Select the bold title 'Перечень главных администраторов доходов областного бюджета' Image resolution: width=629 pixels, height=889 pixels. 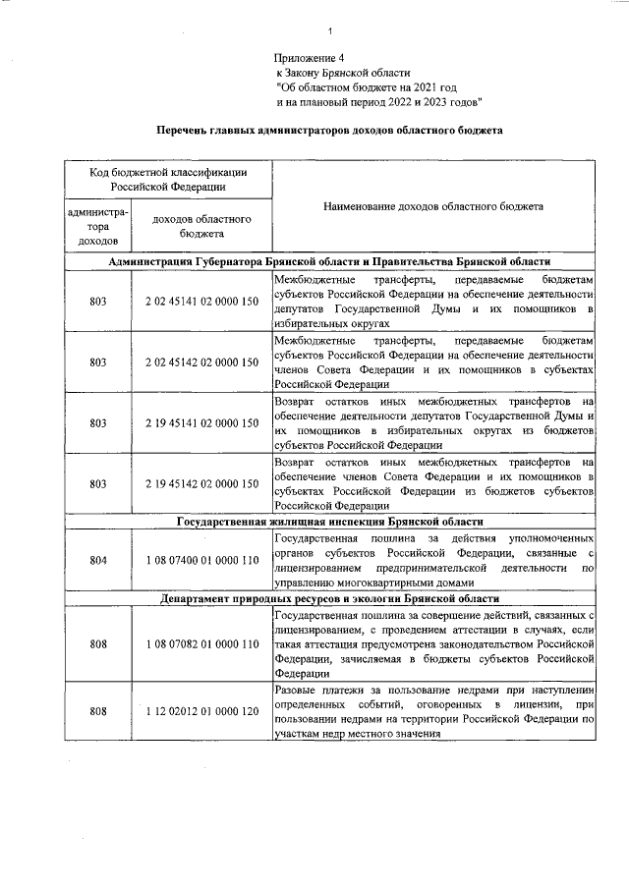[x=330, y=129]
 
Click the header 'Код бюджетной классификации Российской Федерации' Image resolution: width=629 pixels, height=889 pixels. [x=163, y=178]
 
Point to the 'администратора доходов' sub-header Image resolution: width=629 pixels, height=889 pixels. [x=97, y=226]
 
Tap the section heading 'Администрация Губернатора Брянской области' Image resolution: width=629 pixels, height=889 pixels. [x=330, y=261]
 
